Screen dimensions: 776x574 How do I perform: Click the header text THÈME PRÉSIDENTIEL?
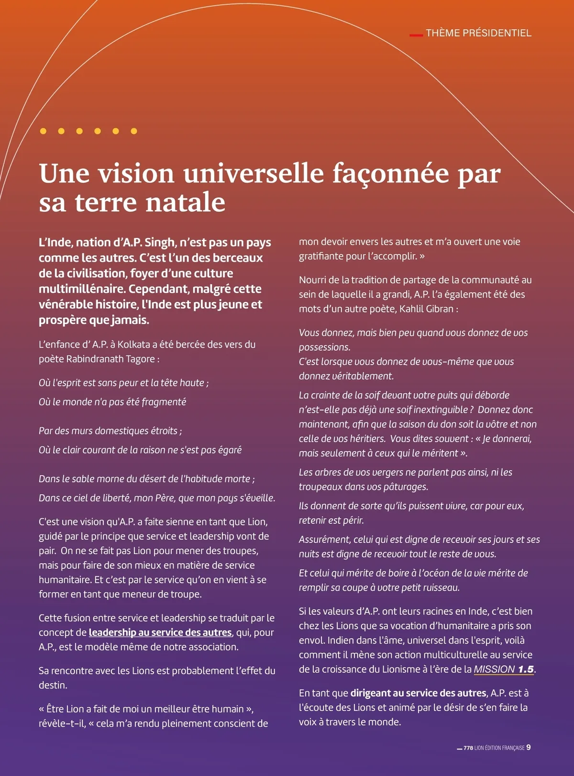pos(478,33)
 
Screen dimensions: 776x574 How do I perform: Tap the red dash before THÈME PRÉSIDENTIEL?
pos(416,35)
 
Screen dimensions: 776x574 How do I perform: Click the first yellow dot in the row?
pos(43,131)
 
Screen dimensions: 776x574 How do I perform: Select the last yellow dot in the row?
pos(134,131)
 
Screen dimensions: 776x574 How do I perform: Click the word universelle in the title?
pos(254,173)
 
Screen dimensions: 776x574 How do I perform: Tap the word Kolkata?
pos(134,344)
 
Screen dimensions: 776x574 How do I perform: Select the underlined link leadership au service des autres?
pos(160,632)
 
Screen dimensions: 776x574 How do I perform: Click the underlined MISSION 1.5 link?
pos(504,669)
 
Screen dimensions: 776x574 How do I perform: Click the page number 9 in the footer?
pos(529,747)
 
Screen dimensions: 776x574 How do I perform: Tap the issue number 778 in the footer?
pos(468,748)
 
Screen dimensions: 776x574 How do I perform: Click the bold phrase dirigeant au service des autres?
pos(419,693)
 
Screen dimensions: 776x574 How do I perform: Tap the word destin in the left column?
pos(53,685)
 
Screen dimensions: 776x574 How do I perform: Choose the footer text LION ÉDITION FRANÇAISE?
pos(499,748)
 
